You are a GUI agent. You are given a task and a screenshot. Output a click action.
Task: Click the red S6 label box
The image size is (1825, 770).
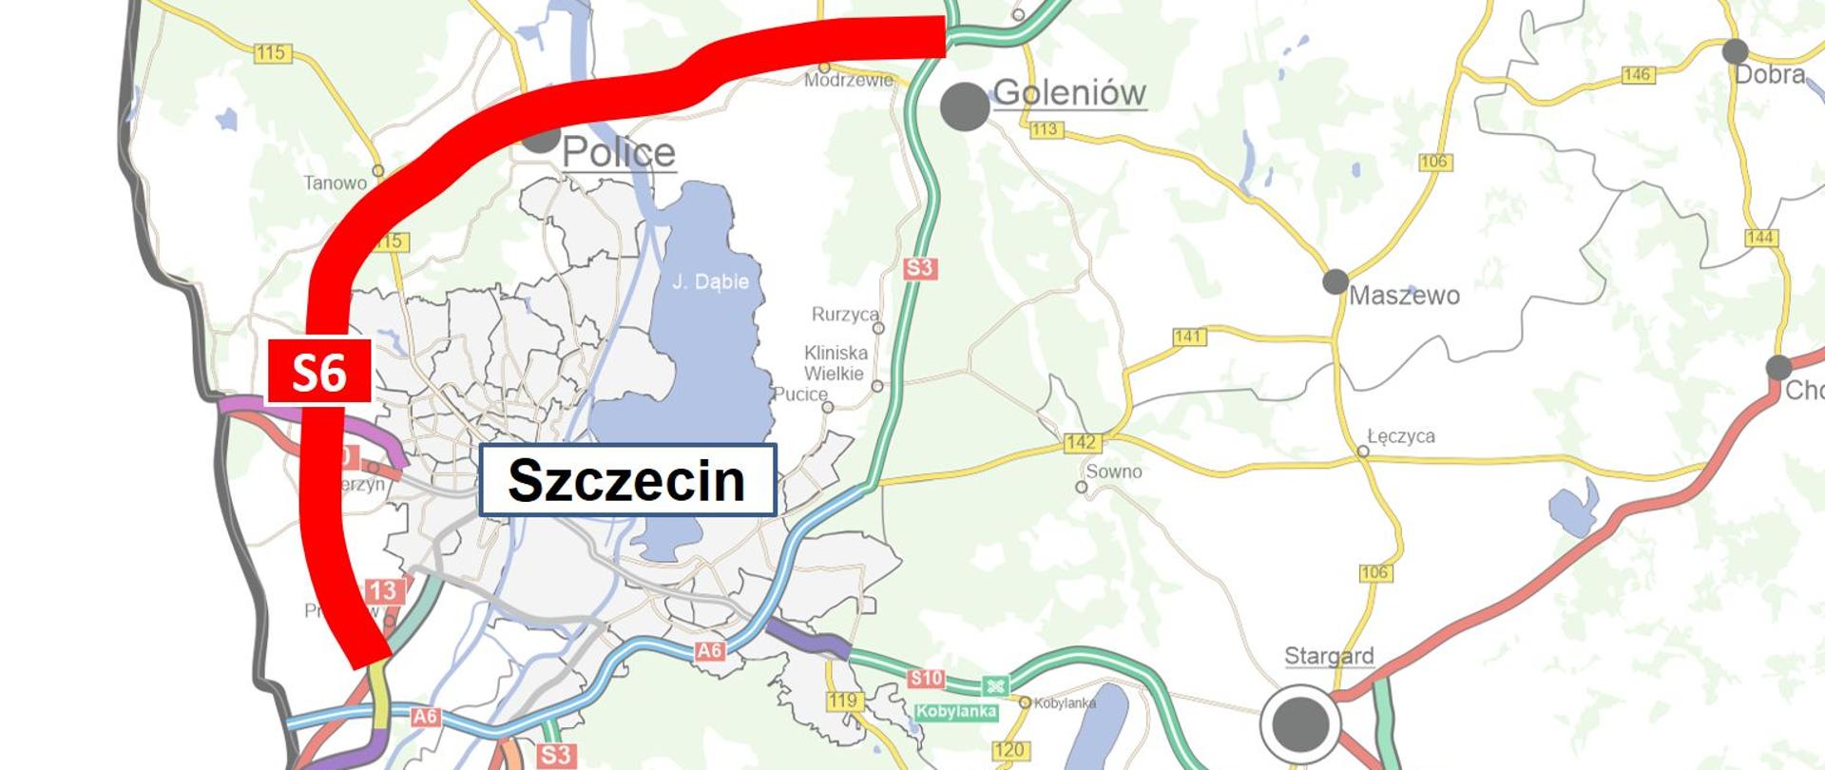[318, 371]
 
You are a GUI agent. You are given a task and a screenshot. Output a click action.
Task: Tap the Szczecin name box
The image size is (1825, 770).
[627, 480]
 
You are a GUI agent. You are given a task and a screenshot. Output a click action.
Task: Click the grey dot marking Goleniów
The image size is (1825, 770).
[965, 106]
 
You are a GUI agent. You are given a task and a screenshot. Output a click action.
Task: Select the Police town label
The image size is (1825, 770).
[618, 153]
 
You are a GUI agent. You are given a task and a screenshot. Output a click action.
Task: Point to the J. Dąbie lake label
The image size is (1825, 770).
[710, 281]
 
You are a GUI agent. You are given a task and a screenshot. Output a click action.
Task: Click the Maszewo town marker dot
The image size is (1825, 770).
[1335, 281]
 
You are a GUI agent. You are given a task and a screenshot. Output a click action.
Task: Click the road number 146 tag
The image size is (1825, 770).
[1637, 74]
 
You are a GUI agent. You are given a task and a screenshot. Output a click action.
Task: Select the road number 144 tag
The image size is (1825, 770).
[1760, 237]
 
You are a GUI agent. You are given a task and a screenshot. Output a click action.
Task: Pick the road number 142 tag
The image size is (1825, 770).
[1082, 442]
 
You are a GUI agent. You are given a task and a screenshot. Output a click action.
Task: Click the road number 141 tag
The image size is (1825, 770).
[1188, 336]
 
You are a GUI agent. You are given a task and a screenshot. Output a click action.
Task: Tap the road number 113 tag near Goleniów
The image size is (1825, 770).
[1044, 129]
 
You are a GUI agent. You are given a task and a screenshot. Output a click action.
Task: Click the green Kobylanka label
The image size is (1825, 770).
[956, 711]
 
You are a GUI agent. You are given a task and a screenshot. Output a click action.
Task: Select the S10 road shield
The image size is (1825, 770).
[925, 678]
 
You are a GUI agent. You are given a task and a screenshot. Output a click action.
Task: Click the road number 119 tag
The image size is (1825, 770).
[842, 701]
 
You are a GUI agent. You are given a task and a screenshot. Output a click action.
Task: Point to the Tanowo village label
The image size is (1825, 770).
[335, 183]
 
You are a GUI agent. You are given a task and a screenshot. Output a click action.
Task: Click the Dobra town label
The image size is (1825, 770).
[1769, 74]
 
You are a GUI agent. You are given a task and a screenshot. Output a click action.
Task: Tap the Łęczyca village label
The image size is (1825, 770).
[1400, 435]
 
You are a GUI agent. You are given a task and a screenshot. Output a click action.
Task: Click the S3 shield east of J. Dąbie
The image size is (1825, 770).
[919, 268]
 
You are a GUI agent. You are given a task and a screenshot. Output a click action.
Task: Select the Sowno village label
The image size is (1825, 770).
[1114, 472]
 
